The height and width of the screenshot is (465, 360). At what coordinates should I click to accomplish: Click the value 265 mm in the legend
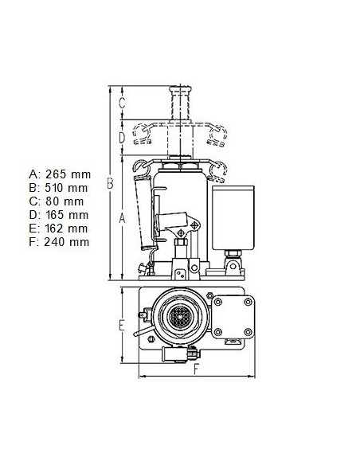tap(68, 174)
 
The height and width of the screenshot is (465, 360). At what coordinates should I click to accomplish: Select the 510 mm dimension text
tap(66, 188)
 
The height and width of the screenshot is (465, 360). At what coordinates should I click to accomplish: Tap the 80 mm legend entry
tap(65, 201)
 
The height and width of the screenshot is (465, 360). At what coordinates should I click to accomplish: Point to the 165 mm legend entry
tap(67, 215)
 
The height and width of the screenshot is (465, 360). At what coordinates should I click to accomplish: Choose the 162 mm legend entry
tap(66, 229)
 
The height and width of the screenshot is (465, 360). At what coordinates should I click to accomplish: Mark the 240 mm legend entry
tap(66, 242)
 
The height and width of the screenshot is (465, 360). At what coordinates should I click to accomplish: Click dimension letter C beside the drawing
tap(122, 103)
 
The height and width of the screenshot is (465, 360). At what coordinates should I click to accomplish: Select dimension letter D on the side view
tap(122, 138)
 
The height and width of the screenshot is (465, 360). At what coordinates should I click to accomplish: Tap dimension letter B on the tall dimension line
tap(110, 183)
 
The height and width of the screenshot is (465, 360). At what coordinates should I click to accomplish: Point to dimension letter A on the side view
tap(122, 218)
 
